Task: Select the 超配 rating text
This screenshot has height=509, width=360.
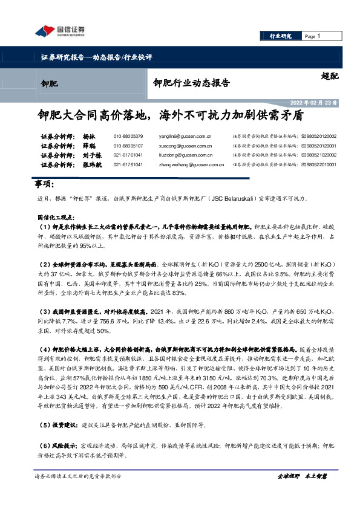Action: pyautogui.click(x=330, y=76)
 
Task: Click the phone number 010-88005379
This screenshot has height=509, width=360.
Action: pyautogui.click(x=128, y=137)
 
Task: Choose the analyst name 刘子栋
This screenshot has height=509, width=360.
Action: pyautogui.click(x=91, y=155)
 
